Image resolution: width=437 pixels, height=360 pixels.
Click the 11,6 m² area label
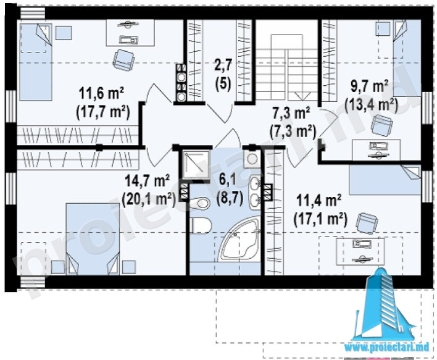[101, 93]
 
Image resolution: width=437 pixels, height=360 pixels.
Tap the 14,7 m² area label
[147, 181]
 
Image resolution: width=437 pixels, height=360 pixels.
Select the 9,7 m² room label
[369, 87]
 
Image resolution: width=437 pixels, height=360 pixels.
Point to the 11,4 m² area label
[319, 201]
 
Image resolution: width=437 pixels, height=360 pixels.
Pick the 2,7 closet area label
[223, 65]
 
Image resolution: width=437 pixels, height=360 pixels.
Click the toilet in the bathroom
[200, 225]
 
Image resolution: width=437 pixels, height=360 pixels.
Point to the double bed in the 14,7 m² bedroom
[93, 239]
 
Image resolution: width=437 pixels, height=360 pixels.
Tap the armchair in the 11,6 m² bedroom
[123, 60]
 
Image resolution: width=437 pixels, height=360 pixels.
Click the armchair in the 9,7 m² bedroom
[381, 125]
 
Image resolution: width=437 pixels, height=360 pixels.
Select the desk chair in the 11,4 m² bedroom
[367, 223]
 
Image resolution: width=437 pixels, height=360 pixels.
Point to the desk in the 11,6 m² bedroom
[130, 33]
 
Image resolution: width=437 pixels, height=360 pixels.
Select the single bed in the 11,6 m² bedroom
[36, 62]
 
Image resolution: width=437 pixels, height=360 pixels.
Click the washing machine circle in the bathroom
[252, 159]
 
